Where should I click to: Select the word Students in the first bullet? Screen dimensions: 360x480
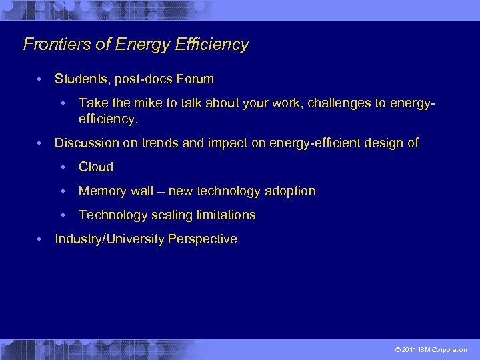pos(80,79)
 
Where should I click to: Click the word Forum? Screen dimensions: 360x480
pos(195,79)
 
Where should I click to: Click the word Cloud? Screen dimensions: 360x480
pos(96,167)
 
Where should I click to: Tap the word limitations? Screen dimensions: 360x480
pos(224,215)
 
